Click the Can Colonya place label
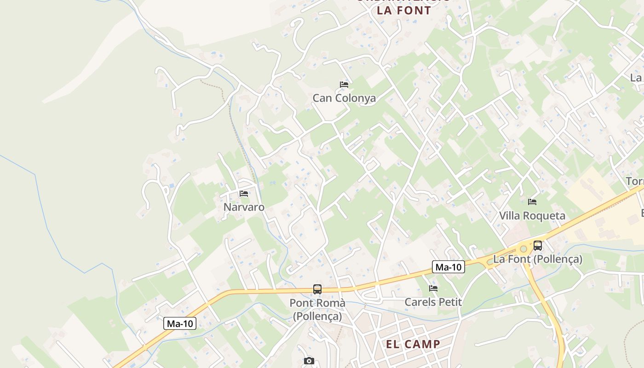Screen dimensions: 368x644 click(344, 98)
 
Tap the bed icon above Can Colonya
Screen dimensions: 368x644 click(344, 85)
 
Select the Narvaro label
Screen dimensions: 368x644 click(244, 207)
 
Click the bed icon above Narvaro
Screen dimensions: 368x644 click(244, 194)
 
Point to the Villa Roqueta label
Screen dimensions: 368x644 click(532, 216)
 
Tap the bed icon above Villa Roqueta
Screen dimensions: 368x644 click(532, 202)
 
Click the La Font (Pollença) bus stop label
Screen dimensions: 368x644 click(538, 259)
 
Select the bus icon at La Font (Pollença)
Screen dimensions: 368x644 click(538, 246)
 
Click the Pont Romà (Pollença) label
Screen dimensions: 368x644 click(317, 310)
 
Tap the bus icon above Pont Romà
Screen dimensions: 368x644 click(317, 289)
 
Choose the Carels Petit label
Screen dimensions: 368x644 click(433, 302)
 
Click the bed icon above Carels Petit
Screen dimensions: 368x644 click(433, 289)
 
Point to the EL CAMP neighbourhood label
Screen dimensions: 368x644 click(413, 344)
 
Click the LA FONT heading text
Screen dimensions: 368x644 click(404, 10)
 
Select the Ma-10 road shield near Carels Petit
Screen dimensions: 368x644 click(448, 267)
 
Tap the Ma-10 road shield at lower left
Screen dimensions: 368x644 click(180, 324)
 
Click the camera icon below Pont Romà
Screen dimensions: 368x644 click(309, 361)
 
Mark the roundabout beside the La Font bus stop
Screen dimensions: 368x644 click(523, 249)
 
